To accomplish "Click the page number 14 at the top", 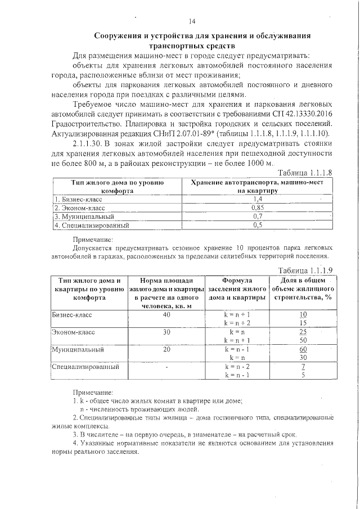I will (x=192, y=21).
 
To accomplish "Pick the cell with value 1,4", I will (x=258, y=199).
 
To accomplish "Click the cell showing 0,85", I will (x=258, y=208).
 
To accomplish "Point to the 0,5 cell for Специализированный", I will (x=258, y=226).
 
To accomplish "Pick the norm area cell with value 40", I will (x=166, y=315).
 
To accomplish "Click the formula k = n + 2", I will (x=236, y=323).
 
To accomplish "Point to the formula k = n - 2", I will (x=236, y=366).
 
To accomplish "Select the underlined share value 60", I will (x=303, y=349).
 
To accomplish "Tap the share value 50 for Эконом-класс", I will (x=303, y=340).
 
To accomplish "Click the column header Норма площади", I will (x=167, y=280).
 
